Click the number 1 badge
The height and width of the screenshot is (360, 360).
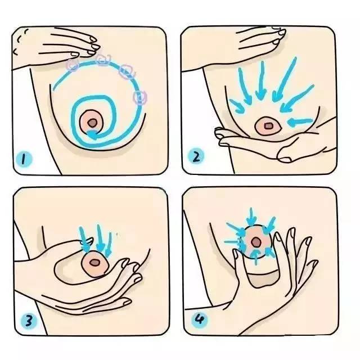pos(24,159)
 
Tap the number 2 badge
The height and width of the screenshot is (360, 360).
pos(196,156)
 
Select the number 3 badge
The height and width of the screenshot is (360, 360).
pos(29,321)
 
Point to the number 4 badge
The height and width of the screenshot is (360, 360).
pos(200,319)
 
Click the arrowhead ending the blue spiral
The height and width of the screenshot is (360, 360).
pos(92,134)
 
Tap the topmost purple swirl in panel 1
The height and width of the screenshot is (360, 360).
pos(103,60)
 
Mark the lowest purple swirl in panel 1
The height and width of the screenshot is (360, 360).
pos(140,97)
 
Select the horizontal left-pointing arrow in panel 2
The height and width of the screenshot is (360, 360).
pos(300,121)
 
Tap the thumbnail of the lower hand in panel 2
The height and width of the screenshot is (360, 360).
pos(284,159)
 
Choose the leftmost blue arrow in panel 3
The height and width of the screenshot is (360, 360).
pos(84,238)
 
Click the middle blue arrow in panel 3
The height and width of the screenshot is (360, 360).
pos(100,238)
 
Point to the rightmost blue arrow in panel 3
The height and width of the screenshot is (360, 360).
pos(109,244)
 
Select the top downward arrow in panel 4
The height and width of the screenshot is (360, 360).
pos(251,217)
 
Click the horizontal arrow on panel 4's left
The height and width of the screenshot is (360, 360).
pos(233,242)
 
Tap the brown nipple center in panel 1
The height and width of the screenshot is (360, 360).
pos(92,123)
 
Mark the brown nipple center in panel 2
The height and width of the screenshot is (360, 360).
pos(268,126)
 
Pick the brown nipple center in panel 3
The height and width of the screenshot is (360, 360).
pos(94,263)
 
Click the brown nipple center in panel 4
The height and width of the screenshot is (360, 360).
pos(255,242)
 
